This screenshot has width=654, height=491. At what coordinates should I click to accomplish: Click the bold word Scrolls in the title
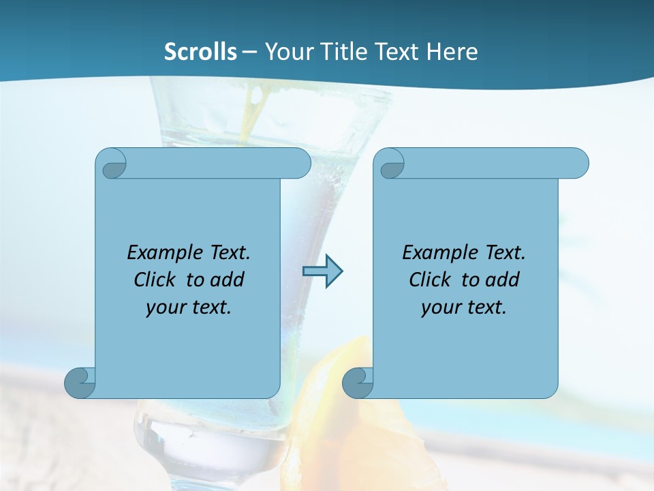(200, 52)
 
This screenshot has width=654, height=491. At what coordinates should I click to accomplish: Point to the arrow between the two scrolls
(322, 271)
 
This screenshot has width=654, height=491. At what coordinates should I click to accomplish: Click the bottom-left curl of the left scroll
(80, 382)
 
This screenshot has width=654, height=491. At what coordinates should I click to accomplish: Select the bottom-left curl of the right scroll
(358, 382)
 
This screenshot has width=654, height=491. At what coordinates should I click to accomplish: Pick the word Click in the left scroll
(154, 280)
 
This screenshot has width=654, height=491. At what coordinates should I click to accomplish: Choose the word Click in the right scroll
(429, 280)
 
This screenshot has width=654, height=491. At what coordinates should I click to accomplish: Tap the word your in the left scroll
(164, 308)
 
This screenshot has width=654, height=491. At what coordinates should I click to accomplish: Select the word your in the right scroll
(439, 308)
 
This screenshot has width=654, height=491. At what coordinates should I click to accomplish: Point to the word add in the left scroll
(228, 280)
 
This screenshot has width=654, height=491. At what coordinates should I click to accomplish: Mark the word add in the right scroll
(503, 280)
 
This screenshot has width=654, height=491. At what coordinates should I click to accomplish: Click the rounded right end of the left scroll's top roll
(300, 164)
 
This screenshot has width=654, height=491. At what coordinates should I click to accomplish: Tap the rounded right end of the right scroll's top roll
(578, 164)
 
